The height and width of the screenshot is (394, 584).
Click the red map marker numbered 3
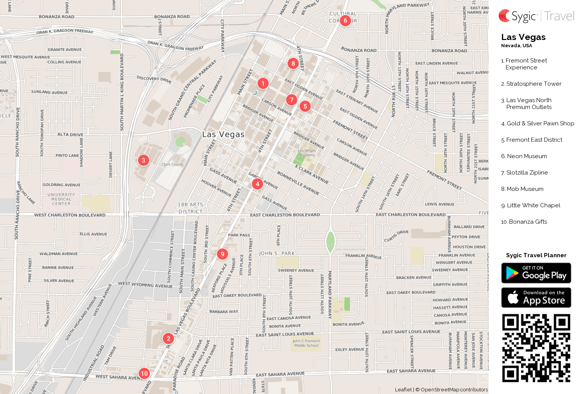[x=143, y=160]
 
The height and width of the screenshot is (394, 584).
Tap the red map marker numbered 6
[x=345, y=20]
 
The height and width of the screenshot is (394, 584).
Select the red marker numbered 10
[x=144, y=373]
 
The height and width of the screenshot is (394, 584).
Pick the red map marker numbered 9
[x=222, y=254]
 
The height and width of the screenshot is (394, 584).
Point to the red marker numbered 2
[x=168, y=338]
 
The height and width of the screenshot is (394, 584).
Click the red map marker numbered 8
[x=293, y=63]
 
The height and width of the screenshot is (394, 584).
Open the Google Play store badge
[x=536, y=273]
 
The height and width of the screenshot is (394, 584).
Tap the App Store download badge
[x=536, y=298]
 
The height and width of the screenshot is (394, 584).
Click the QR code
[x=536, y=348]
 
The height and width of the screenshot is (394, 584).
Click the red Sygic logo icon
[x=505, y=16]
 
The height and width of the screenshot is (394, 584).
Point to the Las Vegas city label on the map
[x=223, y=135]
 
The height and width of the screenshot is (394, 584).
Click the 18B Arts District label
[x=190, y=208]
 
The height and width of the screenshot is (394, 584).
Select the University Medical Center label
[x=61, y=199]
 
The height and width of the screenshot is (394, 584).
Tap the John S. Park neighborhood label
[x=277, y=253]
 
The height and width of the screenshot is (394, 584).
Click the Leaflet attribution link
[x=403, y=389]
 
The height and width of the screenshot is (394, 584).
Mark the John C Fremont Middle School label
[x=306, y=343]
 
